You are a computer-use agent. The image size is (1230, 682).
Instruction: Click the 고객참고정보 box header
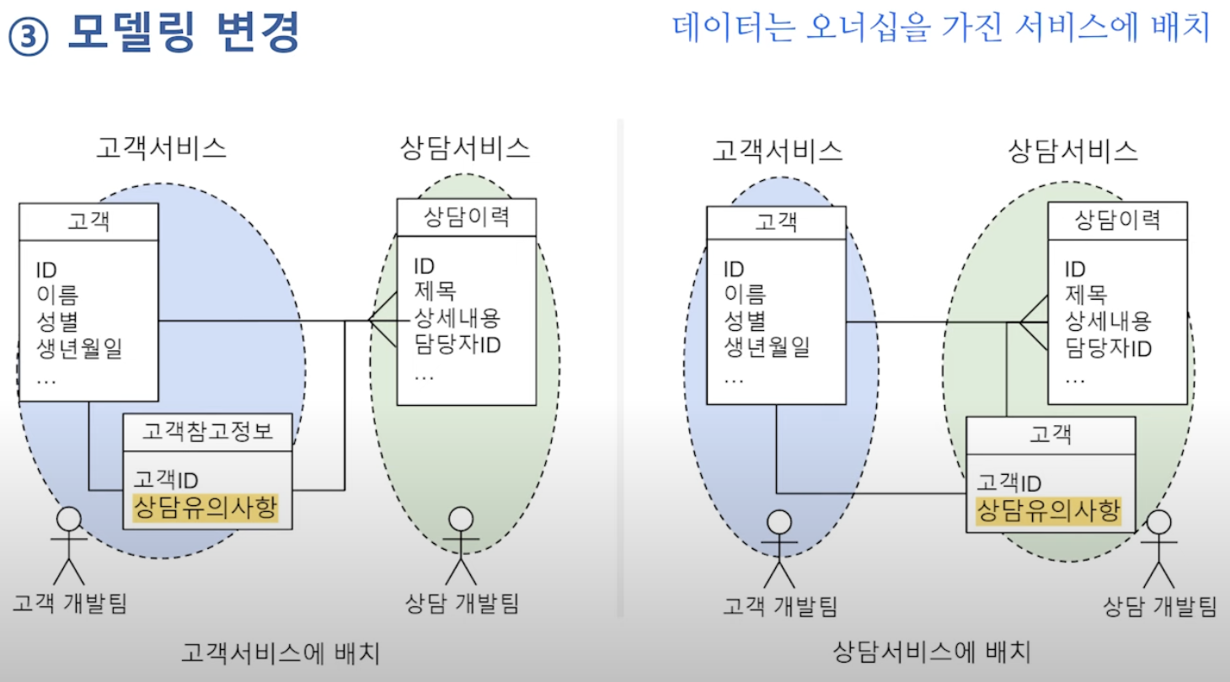207,432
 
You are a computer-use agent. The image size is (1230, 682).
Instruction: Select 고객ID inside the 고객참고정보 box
166,480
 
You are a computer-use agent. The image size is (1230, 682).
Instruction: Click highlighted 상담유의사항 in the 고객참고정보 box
206,508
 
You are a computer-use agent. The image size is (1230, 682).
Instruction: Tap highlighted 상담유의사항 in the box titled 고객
1049,510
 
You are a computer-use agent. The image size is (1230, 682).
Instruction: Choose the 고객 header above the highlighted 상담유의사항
1050,434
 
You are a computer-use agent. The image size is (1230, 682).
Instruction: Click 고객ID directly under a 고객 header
1009,482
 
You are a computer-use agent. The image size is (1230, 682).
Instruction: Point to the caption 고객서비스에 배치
281,652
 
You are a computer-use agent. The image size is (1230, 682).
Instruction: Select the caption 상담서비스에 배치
932,652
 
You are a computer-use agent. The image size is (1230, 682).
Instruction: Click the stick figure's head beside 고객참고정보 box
68,519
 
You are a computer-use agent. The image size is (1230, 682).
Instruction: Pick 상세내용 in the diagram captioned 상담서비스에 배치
1109,321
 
